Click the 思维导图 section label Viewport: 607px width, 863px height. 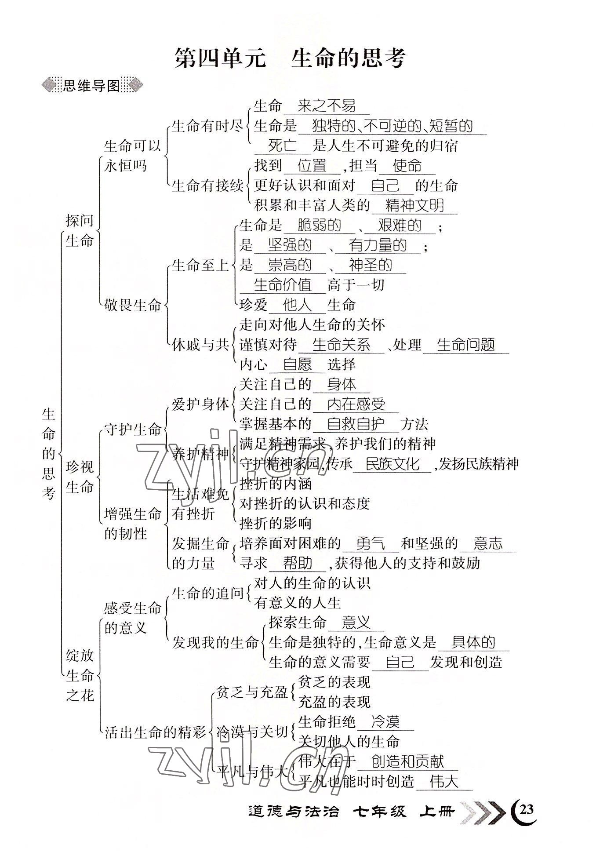pyautogui.click(x=91, y=86)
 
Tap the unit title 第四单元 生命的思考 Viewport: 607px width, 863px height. pyautogui.click(x=290, y=58)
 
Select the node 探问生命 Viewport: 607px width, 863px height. pyautogui.click(x=80, y=230)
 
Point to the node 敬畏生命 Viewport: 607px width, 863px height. pyautogui.click(x=132, y=305)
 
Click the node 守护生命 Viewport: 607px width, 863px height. pyautogui.click(x=132, y=429)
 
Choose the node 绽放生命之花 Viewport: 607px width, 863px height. pyautogui.click(x=80, y=676)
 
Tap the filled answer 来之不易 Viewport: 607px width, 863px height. pyautogui.click(x=326, y=106)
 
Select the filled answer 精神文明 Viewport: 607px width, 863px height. pyautogui.click(x=414, y=205)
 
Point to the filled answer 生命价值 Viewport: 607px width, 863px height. pyautogui.click(x=283, y=285)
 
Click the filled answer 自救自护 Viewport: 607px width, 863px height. pyautogui.click(x=356, y=424)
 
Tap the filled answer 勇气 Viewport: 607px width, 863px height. pyautogui.click(x=370, y=543)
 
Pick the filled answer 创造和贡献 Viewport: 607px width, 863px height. pyautogui.click(x=407, y=761)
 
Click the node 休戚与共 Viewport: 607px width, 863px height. pyautogui.click(x=200, y=345)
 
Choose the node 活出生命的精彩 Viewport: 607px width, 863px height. pyautogui.click(x=155, y=732)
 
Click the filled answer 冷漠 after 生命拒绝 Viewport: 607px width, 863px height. pyautogui.click(x=385, y=721)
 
